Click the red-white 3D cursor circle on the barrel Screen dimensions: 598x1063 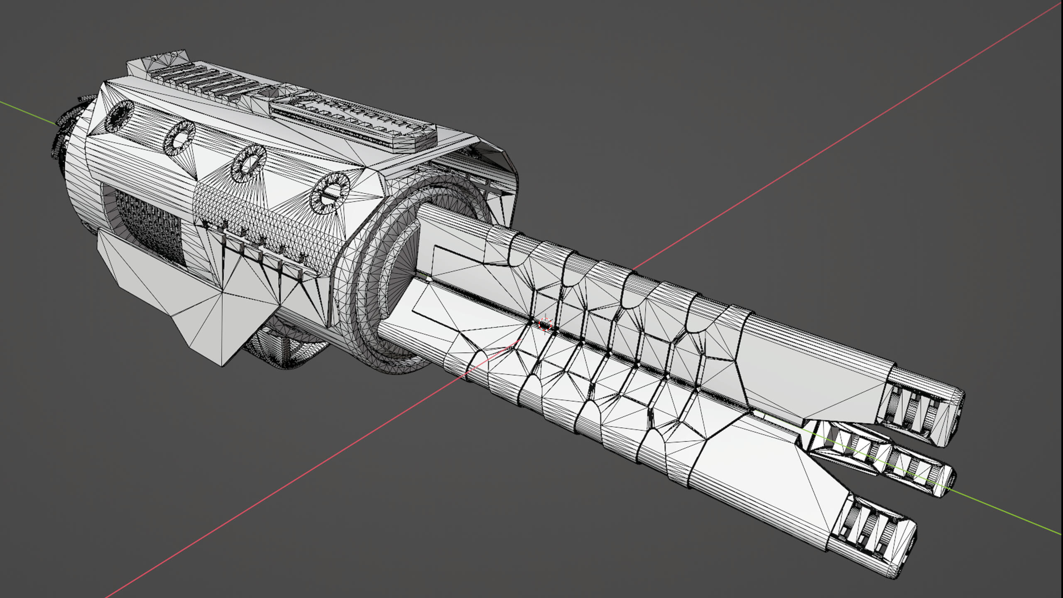point(545,324)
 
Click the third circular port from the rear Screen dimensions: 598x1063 point(249,163)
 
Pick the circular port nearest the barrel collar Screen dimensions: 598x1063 point(330,194)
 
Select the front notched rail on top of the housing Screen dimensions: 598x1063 point(353,120)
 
